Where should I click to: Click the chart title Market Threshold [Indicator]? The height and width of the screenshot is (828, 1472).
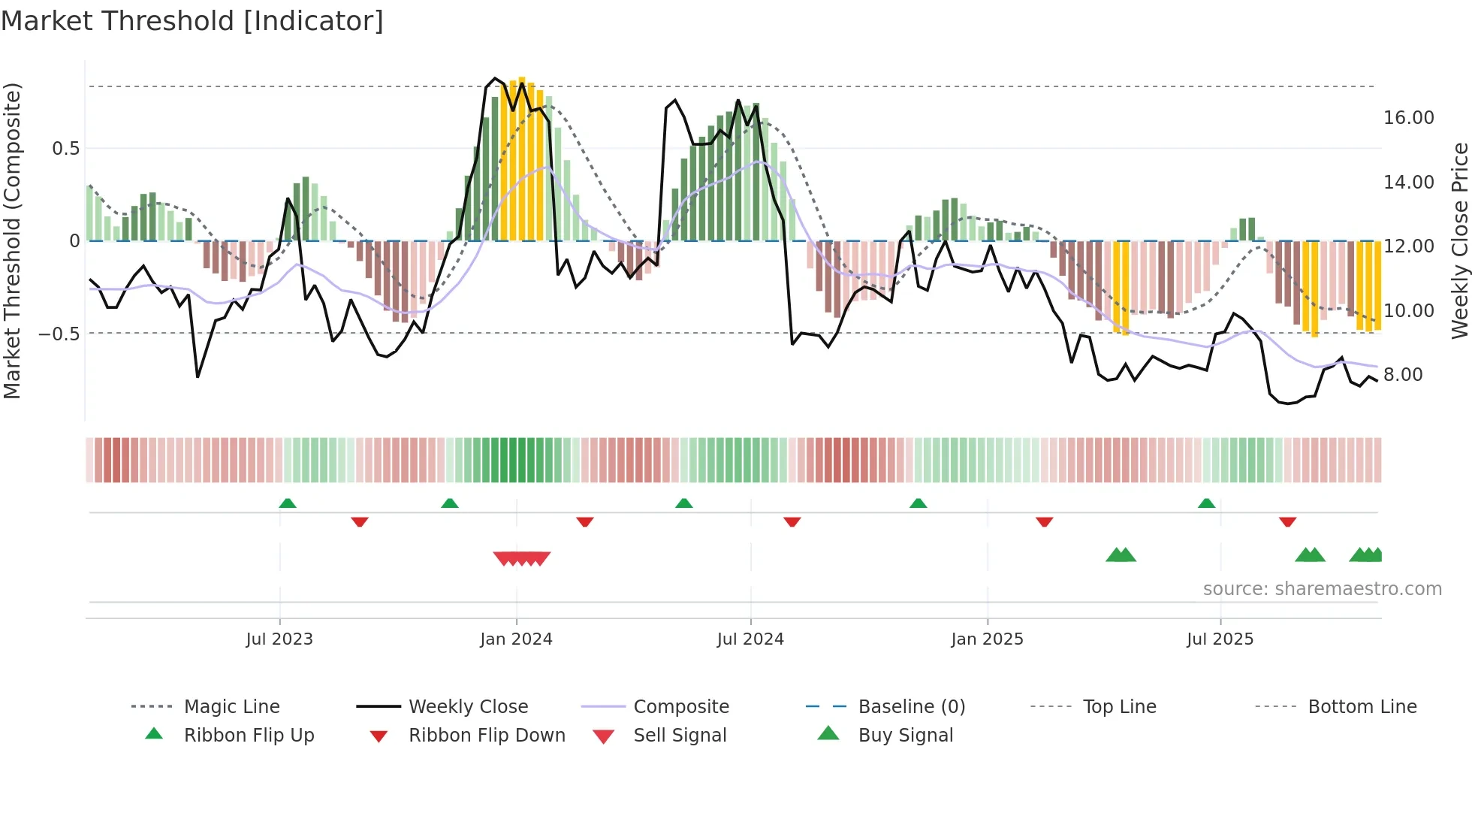[192, 21]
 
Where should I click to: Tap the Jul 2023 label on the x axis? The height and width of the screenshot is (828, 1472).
[279, 639]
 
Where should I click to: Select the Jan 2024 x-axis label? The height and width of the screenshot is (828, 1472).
[516, 639]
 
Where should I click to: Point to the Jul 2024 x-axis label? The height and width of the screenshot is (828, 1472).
[750, 639]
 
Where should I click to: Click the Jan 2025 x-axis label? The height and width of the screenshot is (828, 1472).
[987, 639]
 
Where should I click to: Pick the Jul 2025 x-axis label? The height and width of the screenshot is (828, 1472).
[1220, 639]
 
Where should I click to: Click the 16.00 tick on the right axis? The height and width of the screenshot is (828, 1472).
[1408, 118]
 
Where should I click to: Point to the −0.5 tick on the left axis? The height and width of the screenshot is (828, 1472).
[59, 334]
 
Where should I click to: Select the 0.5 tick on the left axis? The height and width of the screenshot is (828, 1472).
[65, 149]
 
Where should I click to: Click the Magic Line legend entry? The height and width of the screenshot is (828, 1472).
[231, 707]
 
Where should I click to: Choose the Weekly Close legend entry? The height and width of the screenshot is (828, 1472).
[468, 707]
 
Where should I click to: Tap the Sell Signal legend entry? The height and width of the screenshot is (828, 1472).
[680, 736]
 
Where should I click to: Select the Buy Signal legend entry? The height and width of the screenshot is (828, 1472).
[905, 736]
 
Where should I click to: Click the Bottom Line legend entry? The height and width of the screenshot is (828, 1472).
[1362, 707]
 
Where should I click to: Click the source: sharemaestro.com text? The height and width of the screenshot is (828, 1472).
[1322, 589]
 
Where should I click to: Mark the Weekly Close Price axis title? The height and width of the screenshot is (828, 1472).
[1459, 240]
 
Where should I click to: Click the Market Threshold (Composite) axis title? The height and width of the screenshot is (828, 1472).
[12, 240]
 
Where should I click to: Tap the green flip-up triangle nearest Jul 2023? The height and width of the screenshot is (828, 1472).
[288, 503]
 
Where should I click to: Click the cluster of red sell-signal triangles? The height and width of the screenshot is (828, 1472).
[522, 558]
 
